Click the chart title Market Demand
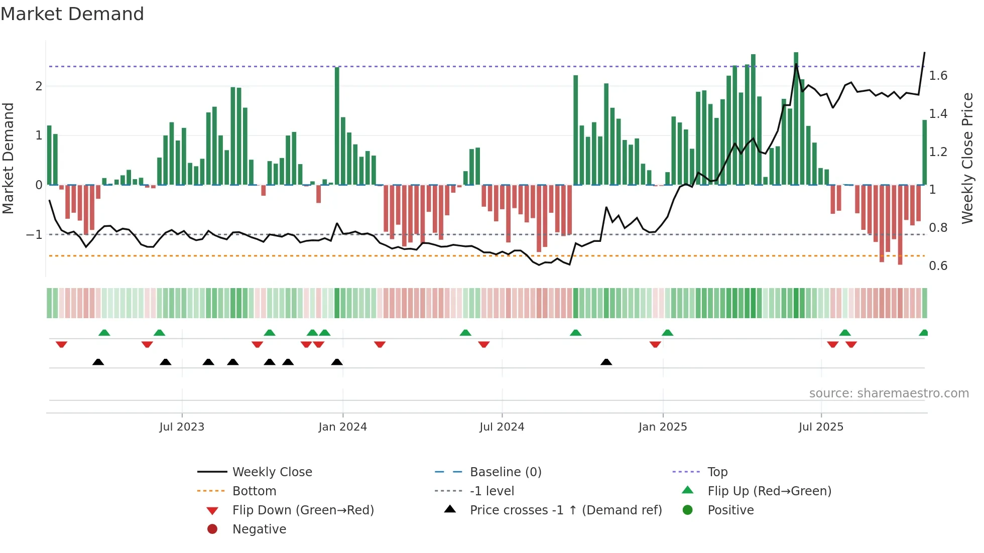(72, 14)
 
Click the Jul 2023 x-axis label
(182, 427)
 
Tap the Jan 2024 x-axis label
(342, 427)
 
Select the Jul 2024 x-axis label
(502, 427)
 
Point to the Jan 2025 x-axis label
(663, 427)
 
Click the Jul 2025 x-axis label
(821, 427)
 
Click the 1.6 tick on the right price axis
(938, 76)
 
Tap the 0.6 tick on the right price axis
(938, 266)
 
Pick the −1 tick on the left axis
(34, 234)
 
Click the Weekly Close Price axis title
(967, 158)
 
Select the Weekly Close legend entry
(272, 472)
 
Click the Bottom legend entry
(254, 491)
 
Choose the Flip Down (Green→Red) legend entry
(303, 510)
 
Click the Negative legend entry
(259, 529)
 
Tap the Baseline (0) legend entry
(505, 472)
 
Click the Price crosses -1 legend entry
(565, 510)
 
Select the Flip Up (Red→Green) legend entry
(769, 491)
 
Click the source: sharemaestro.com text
(889, 393)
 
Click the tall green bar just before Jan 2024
(337, 125)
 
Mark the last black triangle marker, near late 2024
(606, 362)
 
